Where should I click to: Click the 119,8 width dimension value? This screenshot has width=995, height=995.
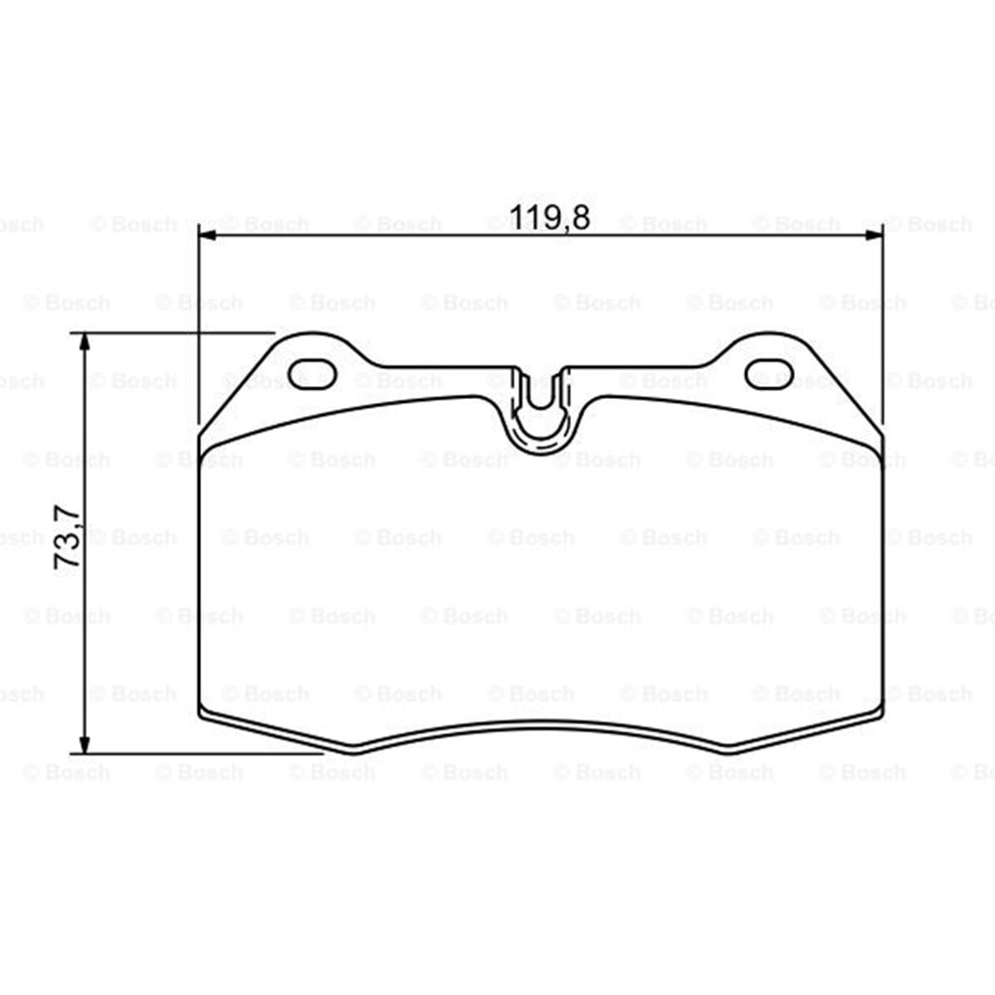(549, 218)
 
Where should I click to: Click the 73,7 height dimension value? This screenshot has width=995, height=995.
(68, 536)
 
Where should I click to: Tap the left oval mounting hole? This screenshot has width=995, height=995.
(311, 374)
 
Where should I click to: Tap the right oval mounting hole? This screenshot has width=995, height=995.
(769, 374)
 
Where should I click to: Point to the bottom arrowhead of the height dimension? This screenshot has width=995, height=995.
(84, 744)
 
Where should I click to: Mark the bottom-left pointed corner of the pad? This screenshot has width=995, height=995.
(353, 752)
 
